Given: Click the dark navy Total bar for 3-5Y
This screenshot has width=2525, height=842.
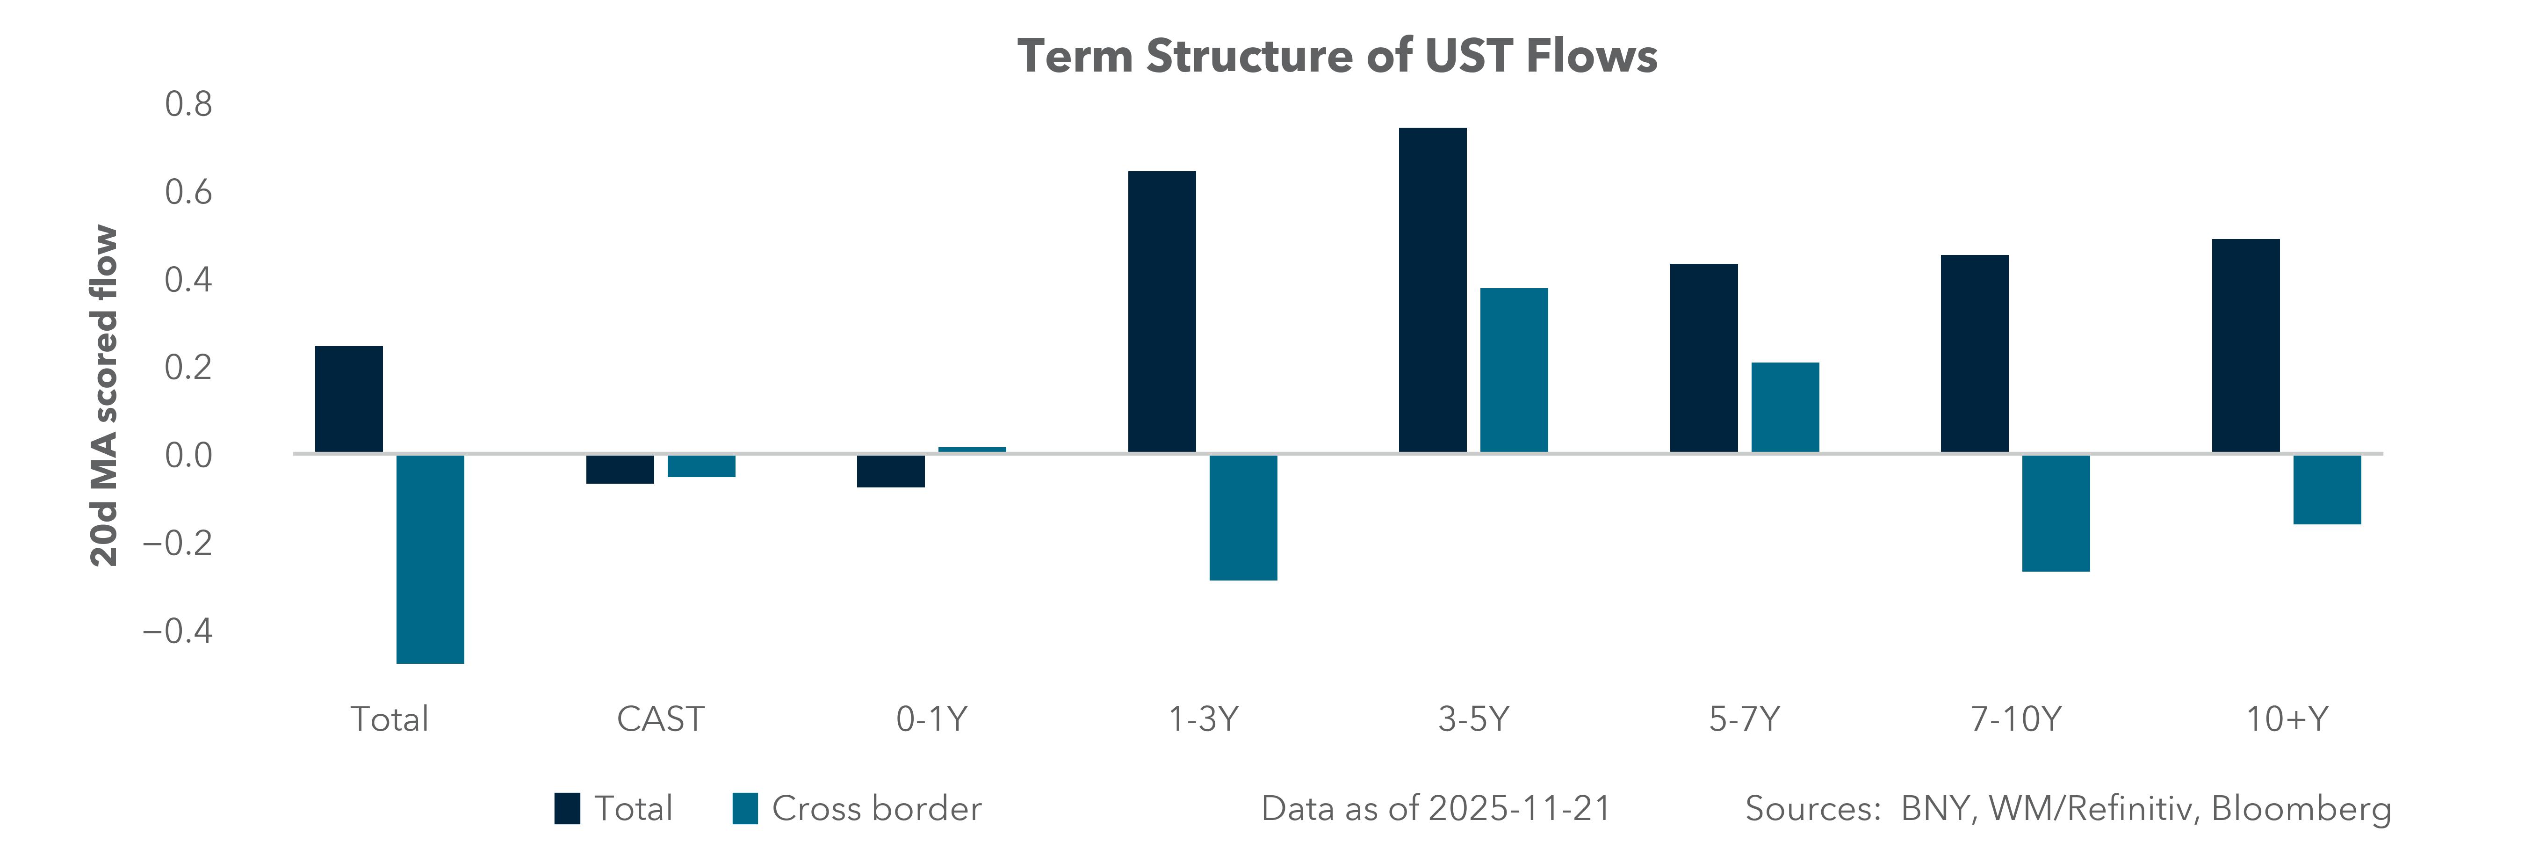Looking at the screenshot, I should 1432,290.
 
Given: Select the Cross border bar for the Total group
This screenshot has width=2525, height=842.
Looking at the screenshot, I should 430,559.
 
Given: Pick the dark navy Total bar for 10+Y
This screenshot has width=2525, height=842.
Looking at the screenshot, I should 2246,346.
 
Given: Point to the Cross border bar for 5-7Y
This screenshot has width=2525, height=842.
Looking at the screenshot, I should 1785,408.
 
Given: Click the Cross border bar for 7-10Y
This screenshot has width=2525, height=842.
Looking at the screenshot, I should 2056,513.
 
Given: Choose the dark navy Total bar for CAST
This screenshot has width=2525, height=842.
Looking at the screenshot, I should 620,469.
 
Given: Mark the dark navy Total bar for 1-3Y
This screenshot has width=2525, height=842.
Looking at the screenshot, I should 1161,312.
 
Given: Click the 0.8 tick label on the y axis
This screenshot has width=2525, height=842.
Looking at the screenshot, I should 188,104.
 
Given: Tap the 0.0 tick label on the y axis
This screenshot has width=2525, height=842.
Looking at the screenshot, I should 188,455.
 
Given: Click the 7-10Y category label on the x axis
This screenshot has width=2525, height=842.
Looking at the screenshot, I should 2015,719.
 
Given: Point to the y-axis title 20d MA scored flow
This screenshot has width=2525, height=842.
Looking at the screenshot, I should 104,396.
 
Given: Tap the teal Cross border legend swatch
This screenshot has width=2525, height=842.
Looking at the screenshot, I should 745,809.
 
